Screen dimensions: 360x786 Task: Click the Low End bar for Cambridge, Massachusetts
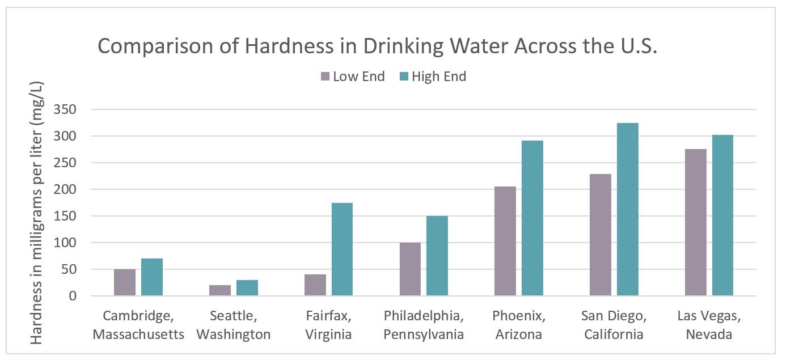[x=125, y=282]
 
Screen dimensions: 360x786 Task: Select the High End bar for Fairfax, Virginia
[x=342, y=249]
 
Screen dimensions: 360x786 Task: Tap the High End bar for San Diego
[x=628, y=210]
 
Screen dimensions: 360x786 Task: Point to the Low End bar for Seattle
[x=220, y=290]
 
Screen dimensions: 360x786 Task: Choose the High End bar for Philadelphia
[x=437, y=256]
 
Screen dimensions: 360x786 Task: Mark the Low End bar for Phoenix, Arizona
[x=505, y=241]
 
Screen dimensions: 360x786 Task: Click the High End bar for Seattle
[x=247, y=288]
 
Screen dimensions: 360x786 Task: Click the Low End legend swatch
[x=326, y=77]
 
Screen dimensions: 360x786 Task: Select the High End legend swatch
[x=404, y=77]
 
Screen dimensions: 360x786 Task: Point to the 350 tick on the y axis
[x=65, y=109]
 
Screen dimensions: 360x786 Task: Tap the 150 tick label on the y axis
[x=65, y=216]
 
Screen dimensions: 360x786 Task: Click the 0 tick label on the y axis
[x=72, y=296]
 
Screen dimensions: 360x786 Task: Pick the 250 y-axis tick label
[x=65, y=163]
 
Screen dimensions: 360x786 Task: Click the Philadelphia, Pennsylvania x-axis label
[x=424, y=325]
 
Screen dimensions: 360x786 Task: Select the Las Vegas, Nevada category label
[x=709, y=325]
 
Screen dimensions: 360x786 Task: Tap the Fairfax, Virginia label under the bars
[x=328, y=325]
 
